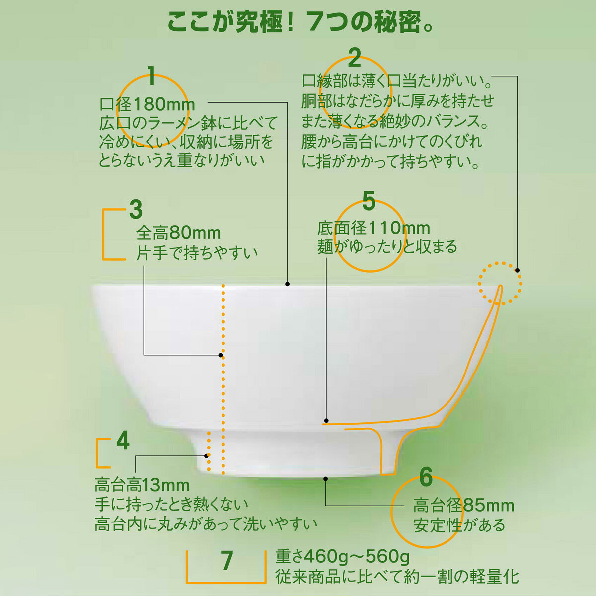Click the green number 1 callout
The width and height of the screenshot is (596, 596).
[151, 76]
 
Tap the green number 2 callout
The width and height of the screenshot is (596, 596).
[354, 58]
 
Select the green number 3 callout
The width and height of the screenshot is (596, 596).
[136, 210]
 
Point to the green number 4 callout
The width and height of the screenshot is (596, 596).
[123, 441]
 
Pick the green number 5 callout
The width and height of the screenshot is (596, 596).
[369, 201]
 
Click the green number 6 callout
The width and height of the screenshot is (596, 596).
[426, 477]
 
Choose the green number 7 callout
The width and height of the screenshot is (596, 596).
[226, 560]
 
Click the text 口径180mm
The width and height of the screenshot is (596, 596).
[147, 104]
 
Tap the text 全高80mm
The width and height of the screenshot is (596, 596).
[178, 233]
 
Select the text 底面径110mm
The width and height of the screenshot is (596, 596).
[373, 228]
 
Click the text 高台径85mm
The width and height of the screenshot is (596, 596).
[464, 505]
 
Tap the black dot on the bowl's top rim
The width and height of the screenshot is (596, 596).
[288, 284]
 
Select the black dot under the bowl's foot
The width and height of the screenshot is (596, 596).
[326, 479]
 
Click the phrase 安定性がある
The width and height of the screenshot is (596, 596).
[459, 525]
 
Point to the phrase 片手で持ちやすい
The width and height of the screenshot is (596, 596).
[197, 253]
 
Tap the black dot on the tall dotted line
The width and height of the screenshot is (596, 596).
[221, 355]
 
